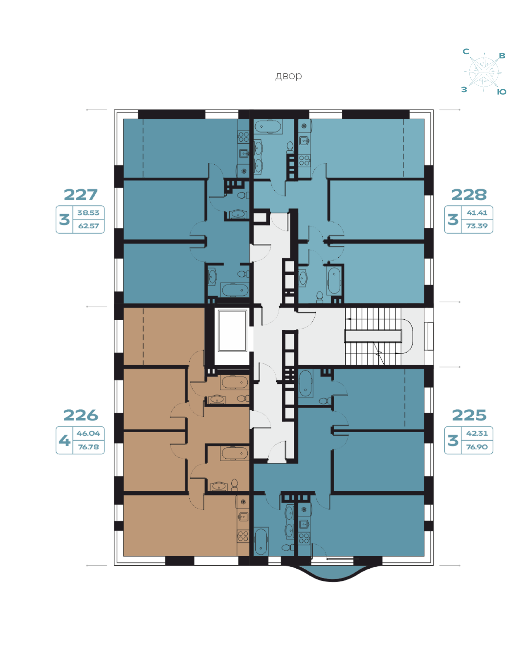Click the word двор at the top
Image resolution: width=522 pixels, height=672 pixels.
(288, 76)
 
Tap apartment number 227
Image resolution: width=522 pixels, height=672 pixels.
(80, 195)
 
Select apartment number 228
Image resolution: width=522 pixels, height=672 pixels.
(469, 195)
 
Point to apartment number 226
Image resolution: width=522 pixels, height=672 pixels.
(80, 415)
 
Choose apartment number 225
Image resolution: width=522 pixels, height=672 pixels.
(469, 415)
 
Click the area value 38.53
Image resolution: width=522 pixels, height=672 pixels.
(88, 213)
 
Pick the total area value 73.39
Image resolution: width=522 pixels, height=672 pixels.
(477, 226)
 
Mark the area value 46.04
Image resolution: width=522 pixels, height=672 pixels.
(88, 433)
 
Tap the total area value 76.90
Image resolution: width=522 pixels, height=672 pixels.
(477, 447)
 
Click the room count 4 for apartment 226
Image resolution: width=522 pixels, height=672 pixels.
(64, 441)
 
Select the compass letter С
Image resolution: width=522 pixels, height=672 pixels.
(466, 51)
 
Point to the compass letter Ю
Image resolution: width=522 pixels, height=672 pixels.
(501, 92)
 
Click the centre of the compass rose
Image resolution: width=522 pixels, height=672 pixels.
(484, 72)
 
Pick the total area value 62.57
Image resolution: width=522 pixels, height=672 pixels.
(88, 226)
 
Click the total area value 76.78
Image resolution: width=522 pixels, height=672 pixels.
(88, 447)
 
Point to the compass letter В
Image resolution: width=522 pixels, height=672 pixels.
(502, 56)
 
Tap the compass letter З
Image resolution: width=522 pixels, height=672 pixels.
(464, 90)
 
